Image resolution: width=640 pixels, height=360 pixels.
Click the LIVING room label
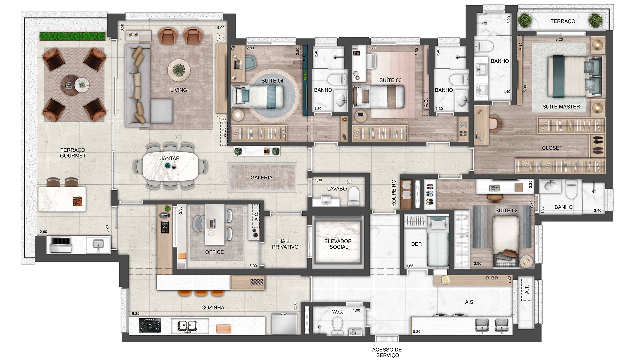tap(178, 90)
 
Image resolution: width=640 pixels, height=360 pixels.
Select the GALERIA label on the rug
tap(261, 178)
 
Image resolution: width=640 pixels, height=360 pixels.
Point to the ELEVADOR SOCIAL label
tap(338, 244)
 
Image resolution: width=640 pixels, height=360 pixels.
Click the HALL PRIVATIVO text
tap(285, 244)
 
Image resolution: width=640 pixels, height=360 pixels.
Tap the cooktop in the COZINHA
tap(150, 325)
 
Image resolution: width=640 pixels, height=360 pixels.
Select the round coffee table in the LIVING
tap(179, 70)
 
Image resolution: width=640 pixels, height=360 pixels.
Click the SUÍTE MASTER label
tap(561, 107)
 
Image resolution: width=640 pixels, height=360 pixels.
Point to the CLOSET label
tap(552, 148)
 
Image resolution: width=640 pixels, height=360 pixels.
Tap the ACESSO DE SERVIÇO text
tap(387, 352)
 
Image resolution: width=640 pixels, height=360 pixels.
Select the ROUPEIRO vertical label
tap(394, 193)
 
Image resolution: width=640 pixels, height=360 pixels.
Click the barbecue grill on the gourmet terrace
tap(61, 245)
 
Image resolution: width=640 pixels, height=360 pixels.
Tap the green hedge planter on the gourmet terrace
tap(72, 36)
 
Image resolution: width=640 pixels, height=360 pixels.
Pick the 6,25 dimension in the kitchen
tap(136, 314)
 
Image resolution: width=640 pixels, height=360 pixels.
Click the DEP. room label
tap(417, 244)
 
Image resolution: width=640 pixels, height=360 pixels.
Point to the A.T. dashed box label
tap(527, 290)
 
